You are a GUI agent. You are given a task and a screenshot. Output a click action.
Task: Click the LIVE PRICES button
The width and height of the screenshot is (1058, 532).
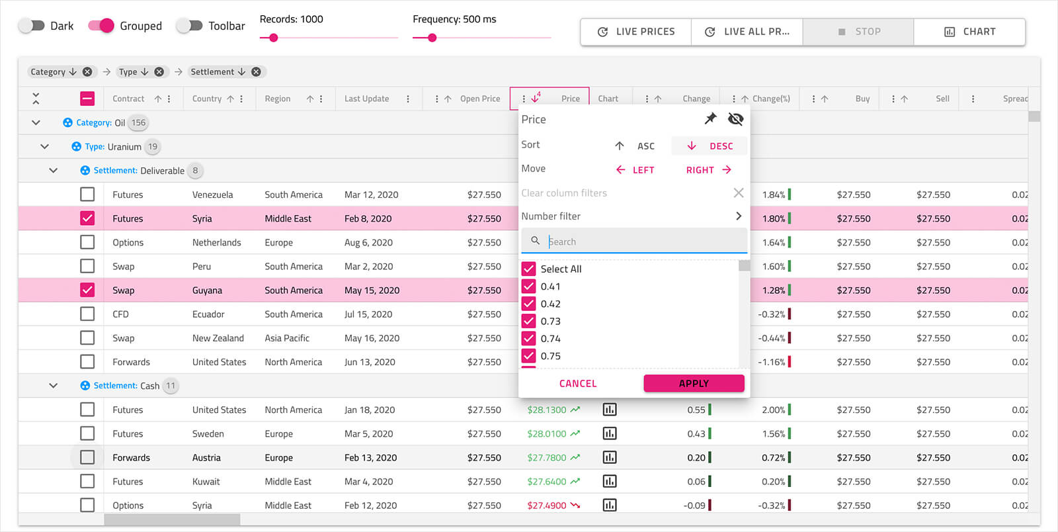(x=636, y=32)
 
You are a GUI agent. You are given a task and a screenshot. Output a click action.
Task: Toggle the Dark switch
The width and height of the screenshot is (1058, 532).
(x=31, y=26)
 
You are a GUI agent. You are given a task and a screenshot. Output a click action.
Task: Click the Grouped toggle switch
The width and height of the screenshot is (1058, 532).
(x=101, y=26)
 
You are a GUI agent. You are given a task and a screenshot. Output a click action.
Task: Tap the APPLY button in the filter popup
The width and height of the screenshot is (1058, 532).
(x=694, y=384)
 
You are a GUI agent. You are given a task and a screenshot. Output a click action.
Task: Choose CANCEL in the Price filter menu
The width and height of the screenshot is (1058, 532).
(x=578, y=384)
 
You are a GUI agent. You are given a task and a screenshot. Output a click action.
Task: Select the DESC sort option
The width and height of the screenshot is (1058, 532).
(x=710, y=146)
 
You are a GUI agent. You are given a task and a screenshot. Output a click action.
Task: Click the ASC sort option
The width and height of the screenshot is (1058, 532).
(x=635, y=146)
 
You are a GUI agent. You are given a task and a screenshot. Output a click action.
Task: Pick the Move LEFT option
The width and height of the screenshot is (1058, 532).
(x=635, y=170)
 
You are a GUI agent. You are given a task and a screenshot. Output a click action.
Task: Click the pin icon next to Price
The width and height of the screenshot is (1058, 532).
(x=710, y=119)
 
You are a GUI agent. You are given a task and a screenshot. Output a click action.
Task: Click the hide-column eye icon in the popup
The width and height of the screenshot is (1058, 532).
(x=735, y=119)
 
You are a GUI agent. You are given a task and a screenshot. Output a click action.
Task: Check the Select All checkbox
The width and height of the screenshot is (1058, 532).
(x=528, y=269)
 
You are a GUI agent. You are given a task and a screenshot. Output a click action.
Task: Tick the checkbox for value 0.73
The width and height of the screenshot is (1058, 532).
(x=528, y=322)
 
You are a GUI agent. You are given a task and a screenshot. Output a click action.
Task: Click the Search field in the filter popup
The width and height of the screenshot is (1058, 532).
(x=641, y=242)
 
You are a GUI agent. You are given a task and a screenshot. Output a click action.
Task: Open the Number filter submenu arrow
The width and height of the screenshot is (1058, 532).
(x=739, y=216)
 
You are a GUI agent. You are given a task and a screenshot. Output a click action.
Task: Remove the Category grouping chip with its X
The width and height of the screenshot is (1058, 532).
(x=87, y=72)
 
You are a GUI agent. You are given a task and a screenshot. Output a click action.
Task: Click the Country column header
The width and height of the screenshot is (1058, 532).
(x=207, y=99)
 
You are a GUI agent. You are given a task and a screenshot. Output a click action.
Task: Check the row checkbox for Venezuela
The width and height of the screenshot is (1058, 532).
(x=87, y=195)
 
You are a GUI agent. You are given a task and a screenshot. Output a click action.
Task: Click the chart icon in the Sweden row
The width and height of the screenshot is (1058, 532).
(x=610, y=434)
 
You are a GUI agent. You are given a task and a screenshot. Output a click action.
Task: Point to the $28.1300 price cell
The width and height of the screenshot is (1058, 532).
(x=547, y=410)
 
